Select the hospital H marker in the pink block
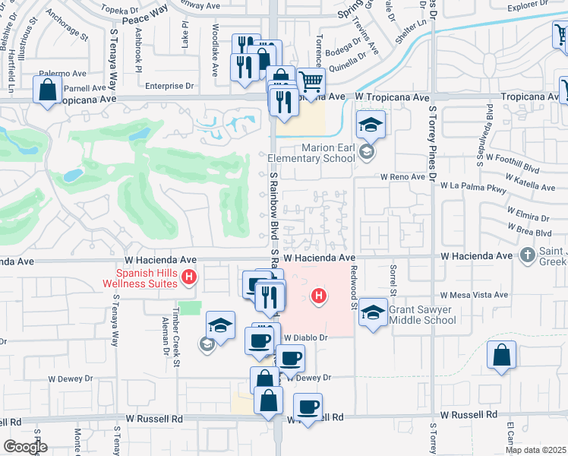[x=320, y=296]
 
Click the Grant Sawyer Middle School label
[x=421, y=315]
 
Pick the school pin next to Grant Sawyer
[x=372, y=312]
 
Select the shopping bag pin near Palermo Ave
[x=47, y=90]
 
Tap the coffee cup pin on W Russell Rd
[x=308, y=407]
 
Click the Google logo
[x=25, y=447]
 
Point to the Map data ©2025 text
[x=535, y=450]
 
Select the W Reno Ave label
[x=403, y=176]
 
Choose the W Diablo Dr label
[x=305, y=337]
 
